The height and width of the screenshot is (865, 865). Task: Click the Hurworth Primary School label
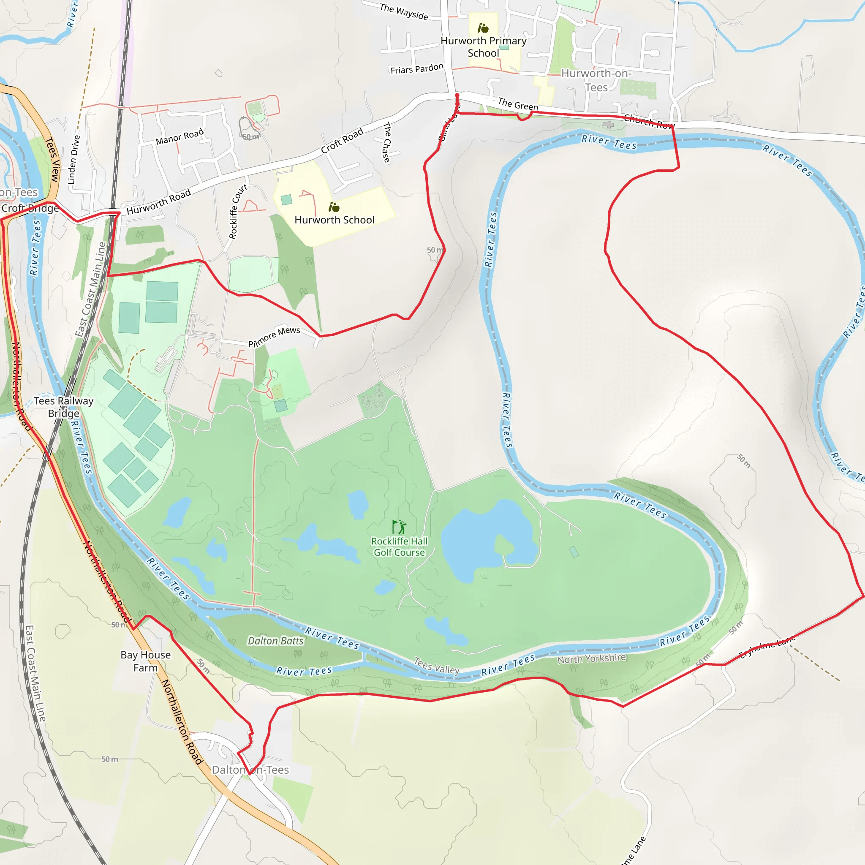click(483, 46)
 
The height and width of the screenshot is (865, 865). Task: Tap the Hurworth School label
click(334, 220)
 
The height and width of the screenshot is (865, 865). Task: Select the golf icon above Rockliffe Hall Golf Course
click(398, 527)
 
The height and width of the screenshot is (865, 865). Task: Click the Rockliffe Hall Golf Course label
click(399, 547)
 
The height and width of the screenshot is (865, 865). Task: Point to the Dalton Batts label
click(275, 641)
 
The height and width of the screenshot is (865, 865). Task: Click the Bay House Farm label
click(146, 661)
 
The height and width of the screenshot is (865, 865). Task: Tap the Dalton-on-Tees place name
click(250, 770)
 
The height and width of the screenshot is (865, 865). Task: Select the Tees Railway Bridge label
click(64, 407)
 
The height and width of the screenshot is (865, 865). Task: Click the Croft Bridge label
click(30, 208)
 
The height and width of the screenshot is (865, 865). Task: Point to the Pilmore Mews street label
click(274, 336)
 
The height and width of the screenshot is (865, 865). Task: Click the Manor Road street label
click(180, 136)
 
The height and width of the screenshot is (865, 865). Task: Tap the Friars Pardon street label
click(417, 68)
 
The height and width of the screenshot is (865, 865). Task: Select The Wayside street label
click(403, 11)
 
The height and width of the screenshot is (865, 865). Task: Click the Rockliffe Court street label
click(238, 211)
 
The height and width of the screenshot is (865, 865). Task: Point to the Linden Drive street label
click(73, 160)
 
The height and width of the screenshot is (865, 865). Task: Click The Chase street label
click(387, 142)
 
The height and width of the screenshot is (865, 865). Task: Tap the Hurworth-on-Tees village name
click(596, 80)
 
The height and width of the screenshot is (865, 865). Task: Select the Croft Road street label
click(342, 140)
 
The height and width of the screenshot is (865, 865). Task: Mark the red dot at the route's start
click(457, 95)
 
